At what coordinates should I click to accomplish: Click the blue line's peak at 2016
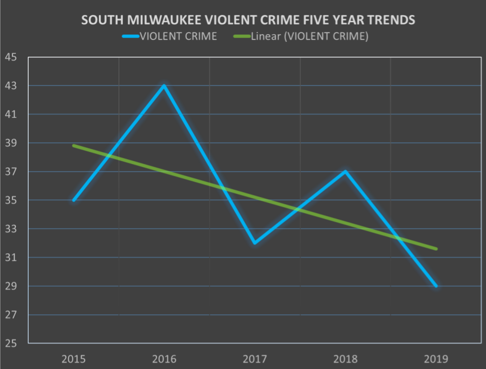pyautogui.click(x=164, y=86)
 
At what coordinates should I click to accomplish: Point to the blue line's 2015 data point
pyautogui.click(x=73, y=200)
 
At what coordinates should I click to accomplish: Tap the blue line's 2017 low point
pyautogui.click(x=255, y=243)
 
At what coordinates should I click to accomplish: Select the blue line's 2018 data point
pyautogui.click(x=345, y=172)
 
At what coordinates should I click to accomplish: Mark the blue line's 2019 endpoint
pyautogui.click(x=436, y=286)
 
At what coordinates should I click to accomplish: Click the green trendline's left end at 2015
pyautogui.click(x=73, y=146)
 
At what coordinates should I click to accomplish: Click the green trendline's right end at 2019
pyautogui.click(x=436, y=248)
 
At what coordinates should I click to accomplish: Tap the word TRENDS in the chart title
pyautogui.click(x=391, y=20)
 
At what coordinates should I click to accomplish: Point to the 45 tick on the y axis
pyautogui.click(x=11, y=57)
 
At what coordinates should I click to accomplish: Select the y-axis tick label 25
pyautogui.click(x=11, y=344)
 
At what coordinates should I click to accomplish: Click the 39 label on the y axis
pyautogui.click(x=11, y=143)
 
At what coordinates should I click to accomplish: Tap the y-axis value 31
pyautogui.click(x=11, y=258)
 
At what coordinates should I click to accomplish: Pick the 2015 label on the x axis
pyautogui.click(x=73, y=359)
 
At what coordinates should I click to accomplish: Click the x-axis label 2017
pyautogui.click(x=255, y=359)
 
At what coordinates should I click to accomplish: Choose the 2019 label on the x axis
pyautogui.click(x=436, y=359)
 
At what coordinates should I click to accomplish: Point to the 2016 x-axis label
pyautogui.click(x=164, y=359)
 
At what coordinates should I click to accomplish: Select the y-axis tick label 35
pyautogui.click(x=11, y=200)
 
